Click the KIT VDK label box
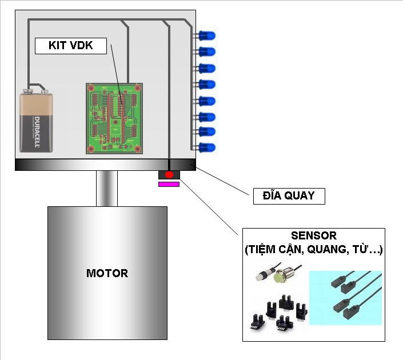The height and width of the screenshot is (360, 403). tap(71, 46)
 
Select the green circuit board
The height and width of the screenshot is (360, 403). tap(114, 118)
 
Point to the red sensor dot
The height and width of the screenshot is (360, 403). tap(169, 174)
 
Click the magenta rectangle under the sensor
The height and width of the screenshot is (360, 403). tap(169, 184)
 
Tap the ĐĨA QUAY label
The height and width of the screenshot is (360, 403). tap(289, 196)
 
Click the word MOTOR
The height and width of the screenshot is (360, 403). tap(107, 273)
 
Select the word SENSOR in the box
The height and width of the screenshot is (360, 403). tap(313, 235)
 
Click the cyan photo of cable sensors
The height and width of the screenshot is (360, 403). tap(345, 298)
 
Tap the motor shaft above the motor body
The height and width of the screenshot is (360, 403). tap(107, 188)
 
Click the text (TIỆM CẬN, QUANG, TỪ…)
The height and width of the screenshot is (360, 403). tap(313, 250)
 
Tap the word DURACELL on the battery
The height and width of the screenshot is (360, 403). tap(35, 132)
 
